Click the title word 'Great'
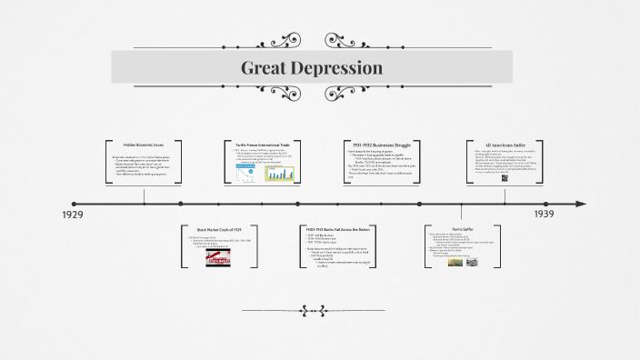(x=264, y=68)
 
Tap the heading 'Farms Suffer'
(x=463, y=229)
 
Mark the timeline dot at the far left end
(x=74, y=204)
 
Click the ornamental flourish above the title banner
(x=313, y=40)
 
